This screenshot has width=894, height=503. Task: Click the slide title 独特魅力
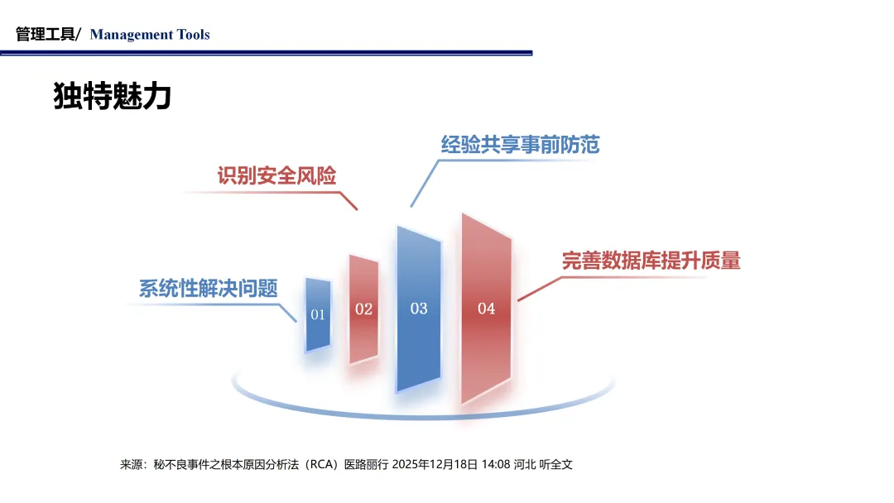pyautogui.click(x=113, y=95)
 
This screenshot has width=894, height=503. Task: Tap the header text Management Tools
pyautogui.click(x=150, y=35)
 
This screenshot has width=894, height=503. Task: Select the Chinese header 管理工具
pyautogui.click(x=45, y=34)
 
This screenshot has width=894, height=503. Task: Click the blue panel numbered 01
pyautogui.click(x=318, y=314)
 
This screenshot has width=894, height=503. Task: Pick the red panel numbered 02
pyautogui.click(x=363, y=309)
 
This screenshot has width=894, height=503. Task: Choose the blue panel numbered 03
pyautogui.click(x=419, y=309)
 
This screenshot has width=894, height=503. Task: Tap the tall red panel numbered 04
pyautogui.click(x=487, y=309)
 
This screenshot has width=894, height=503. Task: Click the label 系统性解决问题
pyautogui.click(x=208, y=288)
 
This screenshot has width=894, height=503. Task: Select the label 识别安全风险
pyautogui.click(x=276, y=175)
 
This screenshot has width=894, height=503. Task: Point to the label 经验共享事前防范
pyautogui.click(x=520, y=145)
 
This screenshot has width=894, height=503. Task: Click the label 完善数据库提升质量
pyautogui.click(x=651, y=261)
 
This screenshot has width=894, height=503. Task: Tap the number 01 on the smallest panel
pyautogui.click(x=318, y=314)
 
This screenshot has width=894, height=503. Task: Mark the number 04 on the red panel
pyautogui.click(x=487, y=309)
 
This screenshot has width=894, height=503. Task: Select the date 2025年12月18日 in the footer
pyautogui.click(x=435, y=464)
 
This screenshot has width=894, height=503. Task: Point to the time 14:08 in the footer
pyautogui.click(x=496, y=464)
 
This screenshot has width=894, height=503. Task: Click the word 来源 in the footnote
pyautogui.click(x=131, y=464)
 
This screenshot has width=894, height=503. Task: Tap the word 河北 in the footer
pyautogui.click(x=525, y=464)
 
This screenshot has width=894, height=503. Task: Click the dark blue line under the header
pyautogui.click(x=267, y=53)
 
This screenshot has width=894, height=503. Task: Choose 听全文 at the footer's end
pyautogui.click(x=556, y=464)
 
